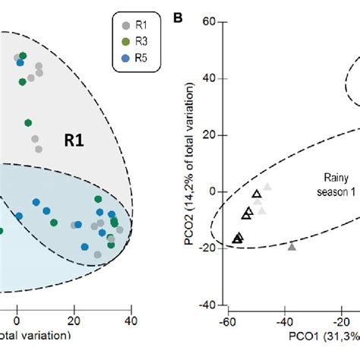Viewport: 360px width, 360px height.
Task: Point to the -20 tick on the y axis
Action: (210, 248)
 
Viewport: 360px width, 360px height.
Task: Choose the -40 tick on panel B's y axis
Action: (210, 305)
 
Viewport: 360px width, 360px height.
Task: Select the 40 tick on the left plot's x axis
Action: (131, 321)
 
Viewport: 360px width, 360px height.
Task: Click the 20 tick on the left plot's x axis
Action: (74, 321)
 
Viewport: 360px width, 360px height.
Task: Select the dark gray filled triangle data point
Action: (292, 246)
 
